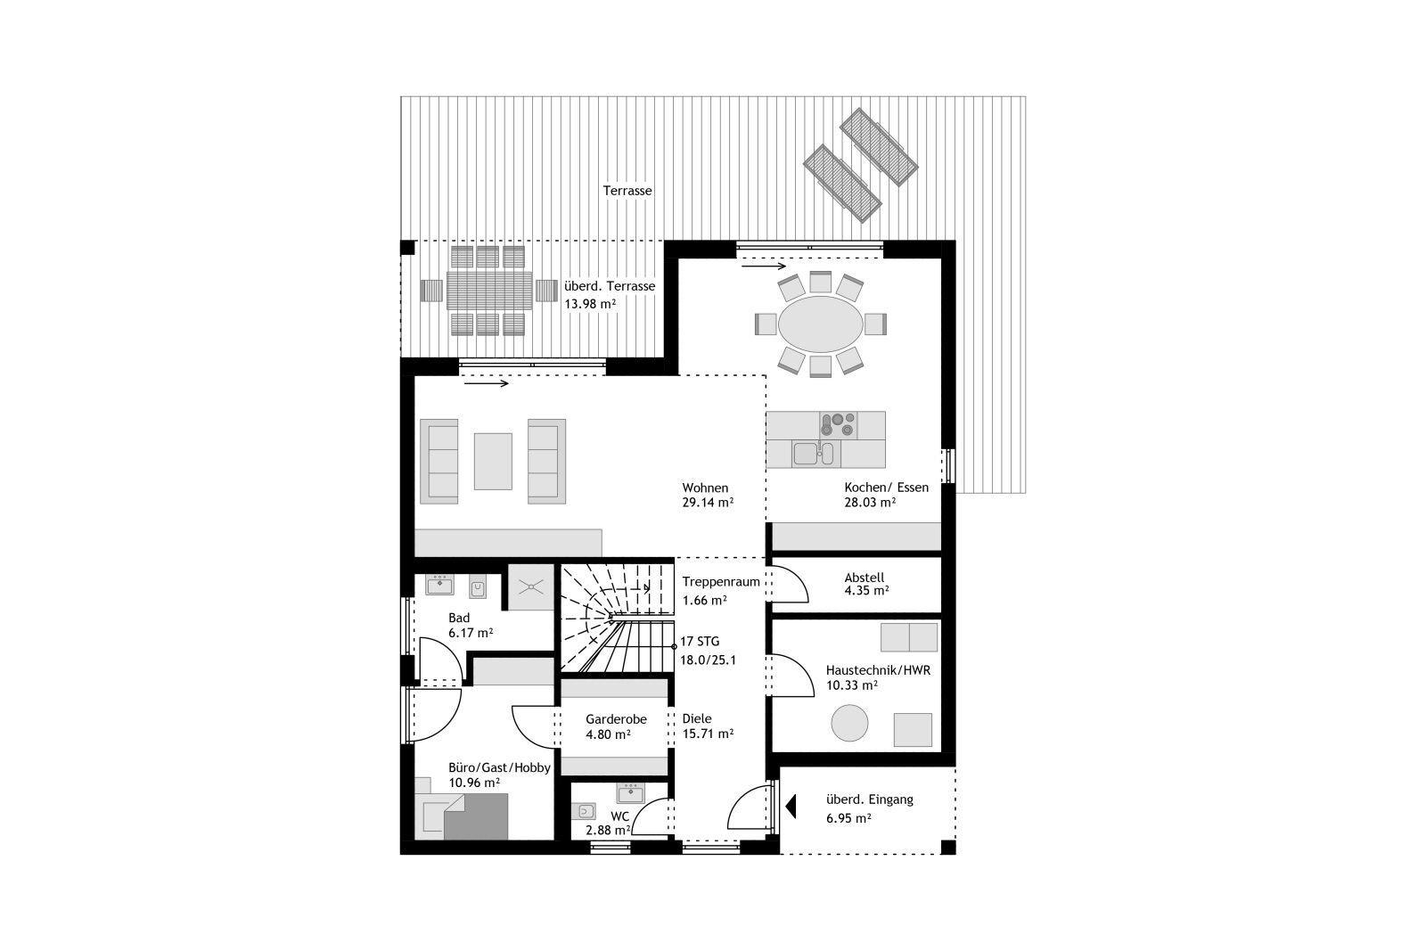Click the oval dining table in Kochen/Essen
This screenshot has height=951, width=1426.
point(820,324)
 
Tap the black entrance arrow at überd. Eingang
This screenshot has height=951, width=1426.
point(791,806)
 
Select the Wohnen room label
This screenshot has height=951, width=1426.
point(705,488)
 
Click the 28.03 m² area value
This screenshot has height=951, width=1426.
point(870,502)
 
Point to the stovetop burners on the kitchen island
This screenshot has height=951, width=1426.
point(838,424)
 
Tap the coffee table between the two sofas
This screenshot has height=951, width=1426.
point(493,462)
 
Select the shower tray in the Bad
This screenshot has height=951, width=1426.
point(530,586)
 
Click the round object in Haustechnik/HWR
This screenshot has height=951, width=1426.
point(849,723)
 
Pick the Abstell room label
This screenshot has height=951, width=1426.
point(864,578)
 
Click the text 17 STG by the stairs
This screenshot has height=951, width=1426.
point(700,642)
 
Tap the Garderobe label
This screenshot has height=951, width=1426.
point(616,719)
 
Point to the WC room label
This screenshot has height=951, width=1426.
point(619,816)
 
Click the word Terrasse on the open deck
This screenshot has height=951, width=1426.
point(627,191)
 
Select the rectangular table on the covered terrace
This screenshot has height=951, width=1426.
point(489,291)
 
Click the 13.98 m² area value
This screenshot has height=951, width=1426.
point(590,304)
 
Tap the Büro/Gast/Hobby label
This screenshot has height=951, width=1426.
point(499,767)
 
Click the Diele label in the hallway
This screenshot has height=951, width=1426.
point(696,718)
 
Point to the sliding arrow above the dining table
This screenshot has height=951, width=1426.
point(764,266)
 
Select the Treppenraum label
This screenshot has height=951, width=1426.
point(721,582)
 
